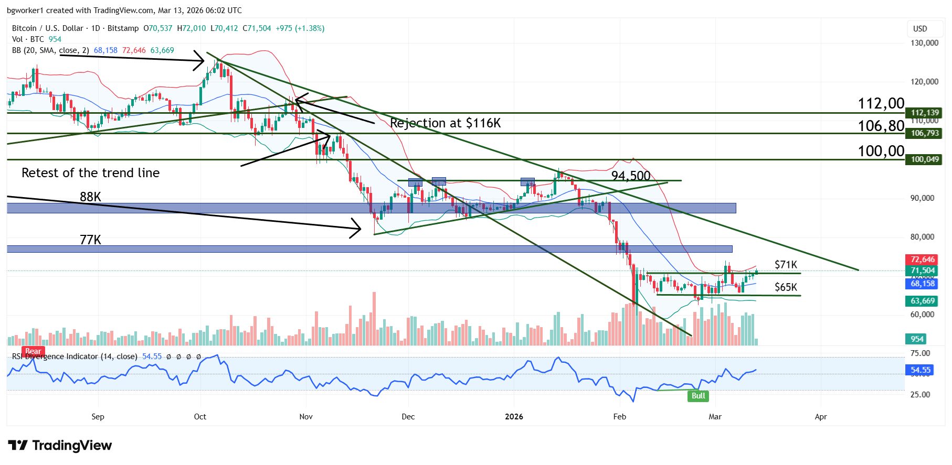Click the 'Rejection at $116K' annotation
[445, 123]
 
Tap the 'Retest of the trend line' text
[90, 173]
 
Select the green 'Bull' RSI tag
[698, 396]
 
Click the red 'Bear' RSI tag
[33, 351]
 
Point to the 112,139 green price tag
[924, 113]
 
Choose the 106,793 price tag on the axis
[924, 133]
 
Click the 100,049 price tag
[924, 159]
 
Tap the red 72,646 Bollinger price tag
[923, 259]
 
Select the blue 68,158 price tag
[923, 284]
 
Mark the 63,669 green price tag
[923, 301]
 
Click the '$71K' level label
[786, 265]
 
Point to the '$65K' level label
[786, 287]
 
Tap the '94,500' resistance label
[631, 176]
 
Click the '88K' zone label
[90, 197]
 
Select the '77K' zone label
[90, 240]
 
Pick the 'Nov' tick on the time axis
[306, 417]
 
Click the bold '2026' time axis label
[514, 417]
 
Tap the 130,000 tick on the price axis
[924, 43]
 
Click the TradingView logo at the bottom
[60, 446]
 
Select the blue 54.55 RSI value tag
[921, 370]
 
